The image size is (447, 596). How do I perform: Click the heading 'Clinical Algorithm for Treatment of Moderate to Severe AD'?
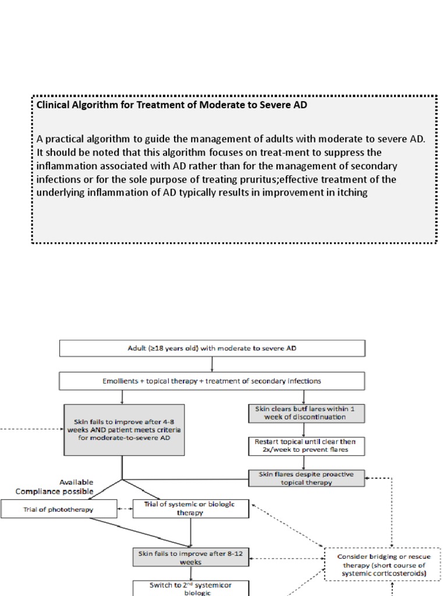point(172,106)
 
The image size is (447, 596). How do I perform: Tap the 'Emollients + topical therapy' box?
point(212,381)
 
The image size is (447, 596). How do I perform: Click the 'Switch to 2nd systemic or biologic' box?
point(191,587)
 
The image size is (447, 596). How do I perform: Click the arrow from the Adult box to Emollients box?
point(212,365)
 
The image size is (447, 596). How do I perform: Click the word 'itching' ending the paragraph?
point(351,193)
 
